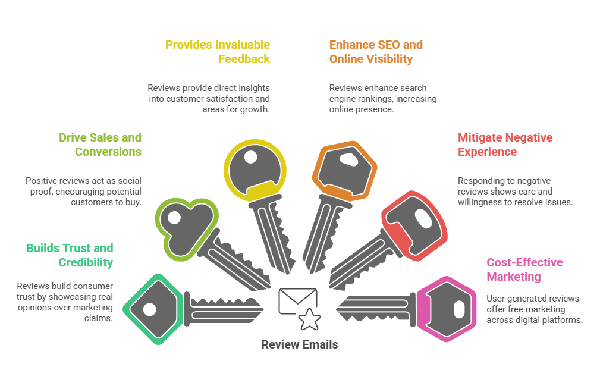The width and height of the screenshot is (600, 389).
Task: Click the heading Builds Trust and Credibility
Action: [70, 255]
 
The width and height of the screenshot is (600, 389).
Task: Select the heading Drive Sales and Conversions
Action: [100, 145]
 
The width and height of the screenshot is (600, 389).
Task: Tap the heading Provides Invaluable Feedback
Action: [218, 52]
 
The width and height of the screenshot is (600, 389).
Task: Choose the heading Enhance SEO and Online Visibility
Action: [376, 52]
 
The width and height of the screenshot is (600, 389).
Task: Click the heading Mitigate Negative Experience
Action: [505, 145]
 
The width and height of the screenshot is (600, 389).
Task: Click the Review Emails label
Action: [300, 345]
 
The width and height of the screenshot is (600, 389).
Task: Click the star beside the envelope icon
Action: [309, 319]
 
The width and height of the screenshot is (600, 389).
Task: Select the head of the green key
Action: [153, 309]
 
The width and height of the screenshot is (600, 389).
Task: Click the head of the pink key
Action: [447, 309]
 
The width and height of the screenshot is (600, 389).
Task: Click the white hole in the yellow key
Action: [250, 158]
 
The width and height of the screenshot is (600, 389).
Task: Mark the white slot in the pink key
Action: [458, 309]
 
